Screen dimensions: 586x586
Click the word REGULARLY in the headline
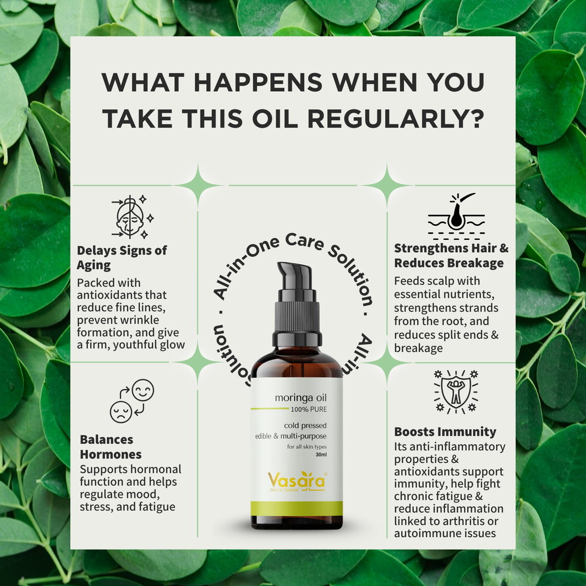tap(396, 119)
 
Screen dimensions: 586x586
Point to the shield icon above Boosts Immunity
tap(456, 392)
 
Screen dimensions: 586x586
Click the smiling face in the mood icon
tap(143, 390)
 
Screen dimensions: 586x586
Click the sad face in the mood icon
tap(120, 412)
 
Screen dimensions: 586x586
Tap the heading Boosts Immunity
tap(445, 432)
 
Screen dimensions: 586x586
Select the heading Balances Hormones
tap(111, 447)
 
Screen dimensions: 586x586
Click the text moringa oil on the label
tap(301, 398)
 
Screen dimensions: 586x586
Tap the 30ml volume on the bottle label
tap(321, 455)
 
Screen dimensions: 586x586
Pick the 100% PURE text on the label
tap(309, 409)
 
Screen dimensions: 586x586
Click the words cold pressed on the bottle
tap(305, 425)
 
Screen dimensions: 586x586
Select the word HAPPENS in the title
tap(258, 82)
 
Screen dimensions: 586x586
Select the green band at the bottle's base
tap(297, 508)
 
